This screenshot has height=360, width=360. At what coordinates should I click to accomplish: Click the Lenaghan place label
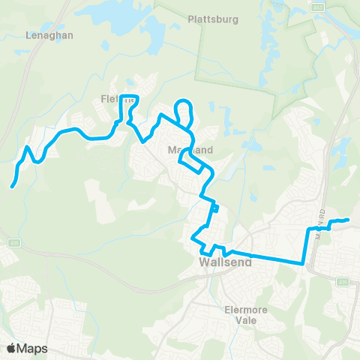point(48,34)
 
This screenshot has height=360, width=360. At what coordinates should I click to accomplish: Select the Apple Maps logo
point(28,348)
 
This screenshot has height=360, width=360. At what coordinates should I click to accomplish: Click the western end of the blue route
point(13,186)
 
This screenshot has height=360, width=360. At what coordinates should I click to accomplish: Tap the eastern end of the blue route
point(348,220)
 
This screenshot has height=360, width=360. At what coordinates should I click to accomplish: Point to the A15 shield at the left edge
point(13,242)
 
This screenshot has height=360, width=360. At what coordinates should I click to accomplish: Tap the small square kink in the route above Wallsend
point(215,208)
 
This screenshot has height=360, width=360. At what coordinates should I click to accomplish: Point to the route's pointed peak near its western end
point(28,147)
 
